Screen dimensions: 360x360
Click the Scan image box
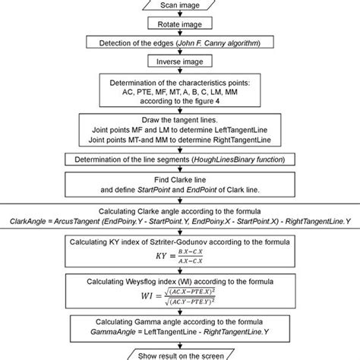180,6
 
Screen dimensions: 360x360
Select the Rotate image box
180,25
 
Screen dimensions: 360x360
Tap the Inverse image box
180,62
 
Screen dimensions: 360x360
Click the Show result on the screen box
180,353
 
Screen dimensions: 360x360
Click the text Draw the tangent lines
180,120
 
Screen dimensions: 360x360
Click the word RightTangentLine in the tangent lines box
251,140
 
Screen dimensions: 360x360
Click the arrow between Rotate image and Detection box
180,34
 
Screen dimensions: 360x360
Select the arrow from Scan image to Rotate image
180,15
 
